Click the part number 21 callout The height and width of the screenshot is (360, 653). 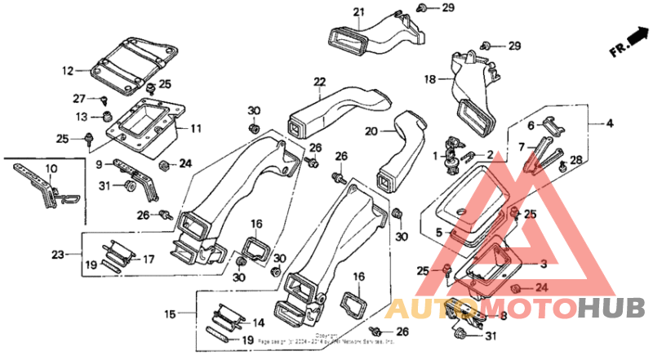(x=358, y=11)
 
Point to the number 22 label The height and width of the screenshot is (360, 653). (x=319, y=81)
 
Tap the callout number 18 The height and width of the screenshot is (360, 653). (x=429, y=79)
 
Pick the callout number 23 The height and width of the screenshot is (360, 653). (x=57, y=255)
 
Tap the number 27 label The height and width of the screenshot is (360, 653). (x=79, y=99)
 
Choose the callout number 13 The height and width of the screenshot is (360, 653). (x=81, y=118)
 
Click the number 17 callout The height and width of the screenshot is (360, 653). (x=149, y=260)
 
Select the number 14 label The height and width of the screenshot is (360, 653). (x=257, y=322)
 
